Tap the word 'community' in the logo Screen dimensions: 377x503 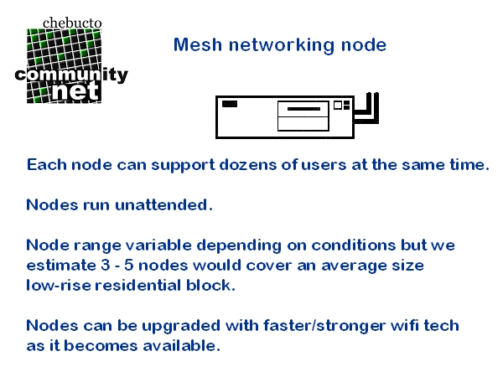coord(71,75)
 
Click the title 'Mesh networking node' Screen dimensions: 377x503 coord(280,45)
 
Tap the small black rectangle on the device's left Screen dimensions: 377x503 coord(229,104)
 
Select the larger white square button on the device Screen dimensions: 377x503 coord(338,106)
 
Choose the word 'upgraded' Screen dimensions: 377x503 coord(178,325)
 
